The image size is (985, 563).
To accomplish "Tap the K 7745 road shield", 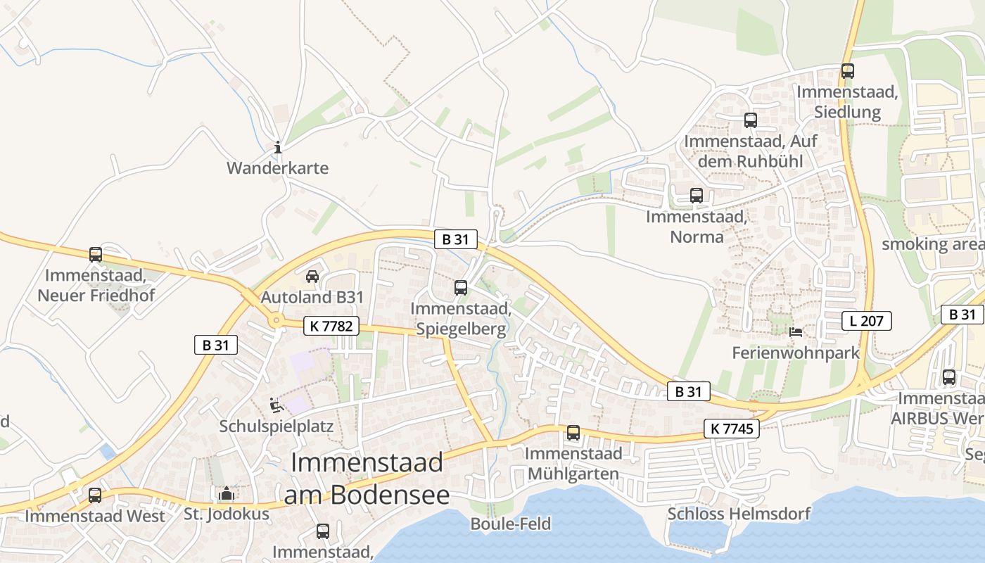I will [732, 429].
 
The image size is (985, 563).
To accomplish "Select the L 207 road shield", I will [867, 322].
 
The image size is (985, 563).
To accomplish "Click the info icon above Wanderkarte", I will [278, 147].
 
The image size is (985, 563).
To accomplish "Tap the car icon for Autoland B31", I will [312, 276].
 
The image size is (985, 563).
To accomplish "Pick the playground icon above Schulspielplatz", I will [277, 405].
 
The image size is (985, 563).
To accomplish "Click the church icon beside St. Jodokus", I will [226, 493].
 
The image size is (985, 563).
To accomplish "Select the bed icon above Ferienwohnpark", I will [796, 331].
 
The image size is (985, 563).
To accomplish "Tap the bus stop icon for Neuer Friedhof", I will [95, 254].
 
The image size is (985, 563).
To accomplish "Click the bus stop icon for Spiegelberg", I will [461, 287].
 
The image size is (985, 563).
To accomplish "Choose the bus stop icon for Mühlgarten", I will [573, 432].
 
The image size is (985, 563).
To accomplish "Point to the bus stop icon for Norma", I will [697, 196].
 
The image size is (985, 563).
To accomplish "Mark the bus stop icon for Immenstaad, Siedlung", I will [848, 70].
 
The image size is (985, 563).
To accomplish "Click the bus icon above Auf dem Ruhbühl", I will [751, 120].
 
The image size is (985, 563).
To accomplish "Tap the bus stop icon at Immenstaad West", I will [95, 495].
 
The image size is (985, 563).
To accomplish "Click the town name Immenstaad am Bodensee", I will [367, 479].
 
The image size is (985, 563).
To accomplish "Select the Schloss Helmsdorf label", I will [739, 514].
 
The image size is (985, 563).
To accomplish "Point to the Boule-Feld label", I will [510, 524].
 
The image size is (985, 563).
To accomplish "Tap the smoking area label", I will [933, 244].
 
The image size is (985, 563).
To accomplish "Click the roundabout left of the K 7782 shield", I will [277, 322].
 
